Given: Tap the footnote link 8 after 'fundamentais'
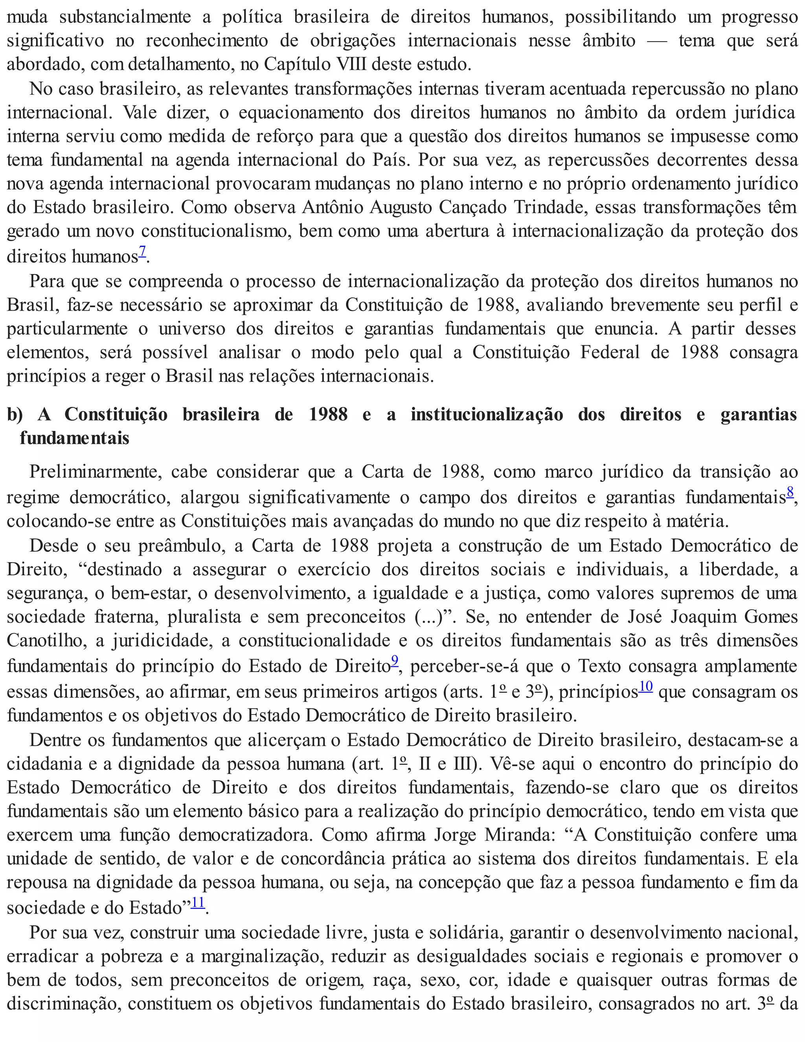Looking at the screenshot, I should click(x=790, y=492).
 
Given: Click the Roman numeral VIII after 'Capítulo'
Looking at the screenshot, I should click(x=351, y=64).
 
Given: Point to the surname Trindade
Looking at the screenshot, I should click(x=550, y=208).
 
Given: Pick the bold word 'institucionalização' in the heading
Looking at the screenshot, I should click(x=487, y=414).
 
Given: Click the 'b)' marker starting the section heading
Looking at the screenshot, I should click(x=15, y=414).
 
